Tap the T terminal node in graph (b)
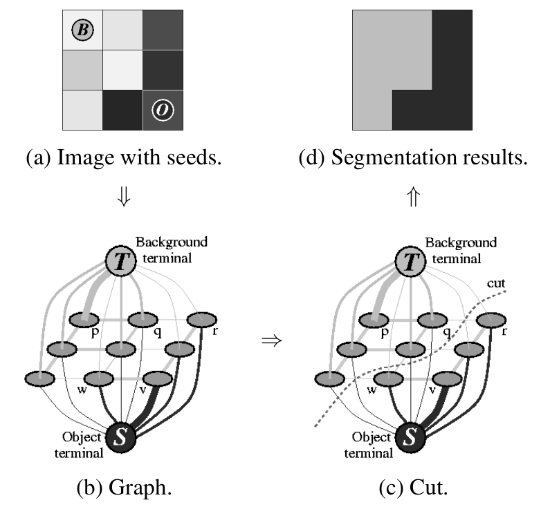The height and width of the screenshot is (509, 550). point(121,260)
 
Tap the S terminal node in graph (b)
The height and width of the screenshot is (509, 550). point(121,436)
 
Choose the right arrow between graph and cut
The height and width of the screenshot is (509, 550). point(270,341)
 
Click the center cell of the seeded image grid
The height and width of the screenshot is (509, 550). point(123,70)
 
